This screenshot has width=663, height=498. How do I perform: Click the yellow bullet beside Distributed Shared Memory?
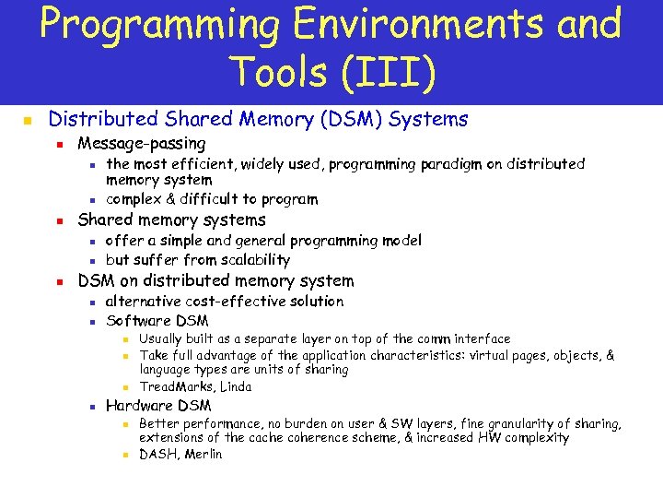tap(28, 121)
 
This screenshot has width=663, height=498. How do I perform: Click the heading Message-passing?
tap(142, 143)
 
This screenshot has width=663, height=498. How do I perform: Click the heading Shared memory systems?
tap(171, 219)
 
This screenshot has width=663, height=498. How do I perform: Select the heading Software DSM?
tap(157, 321)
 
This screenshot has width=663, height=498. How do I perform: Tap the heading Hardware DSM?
tap(158, 406)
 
